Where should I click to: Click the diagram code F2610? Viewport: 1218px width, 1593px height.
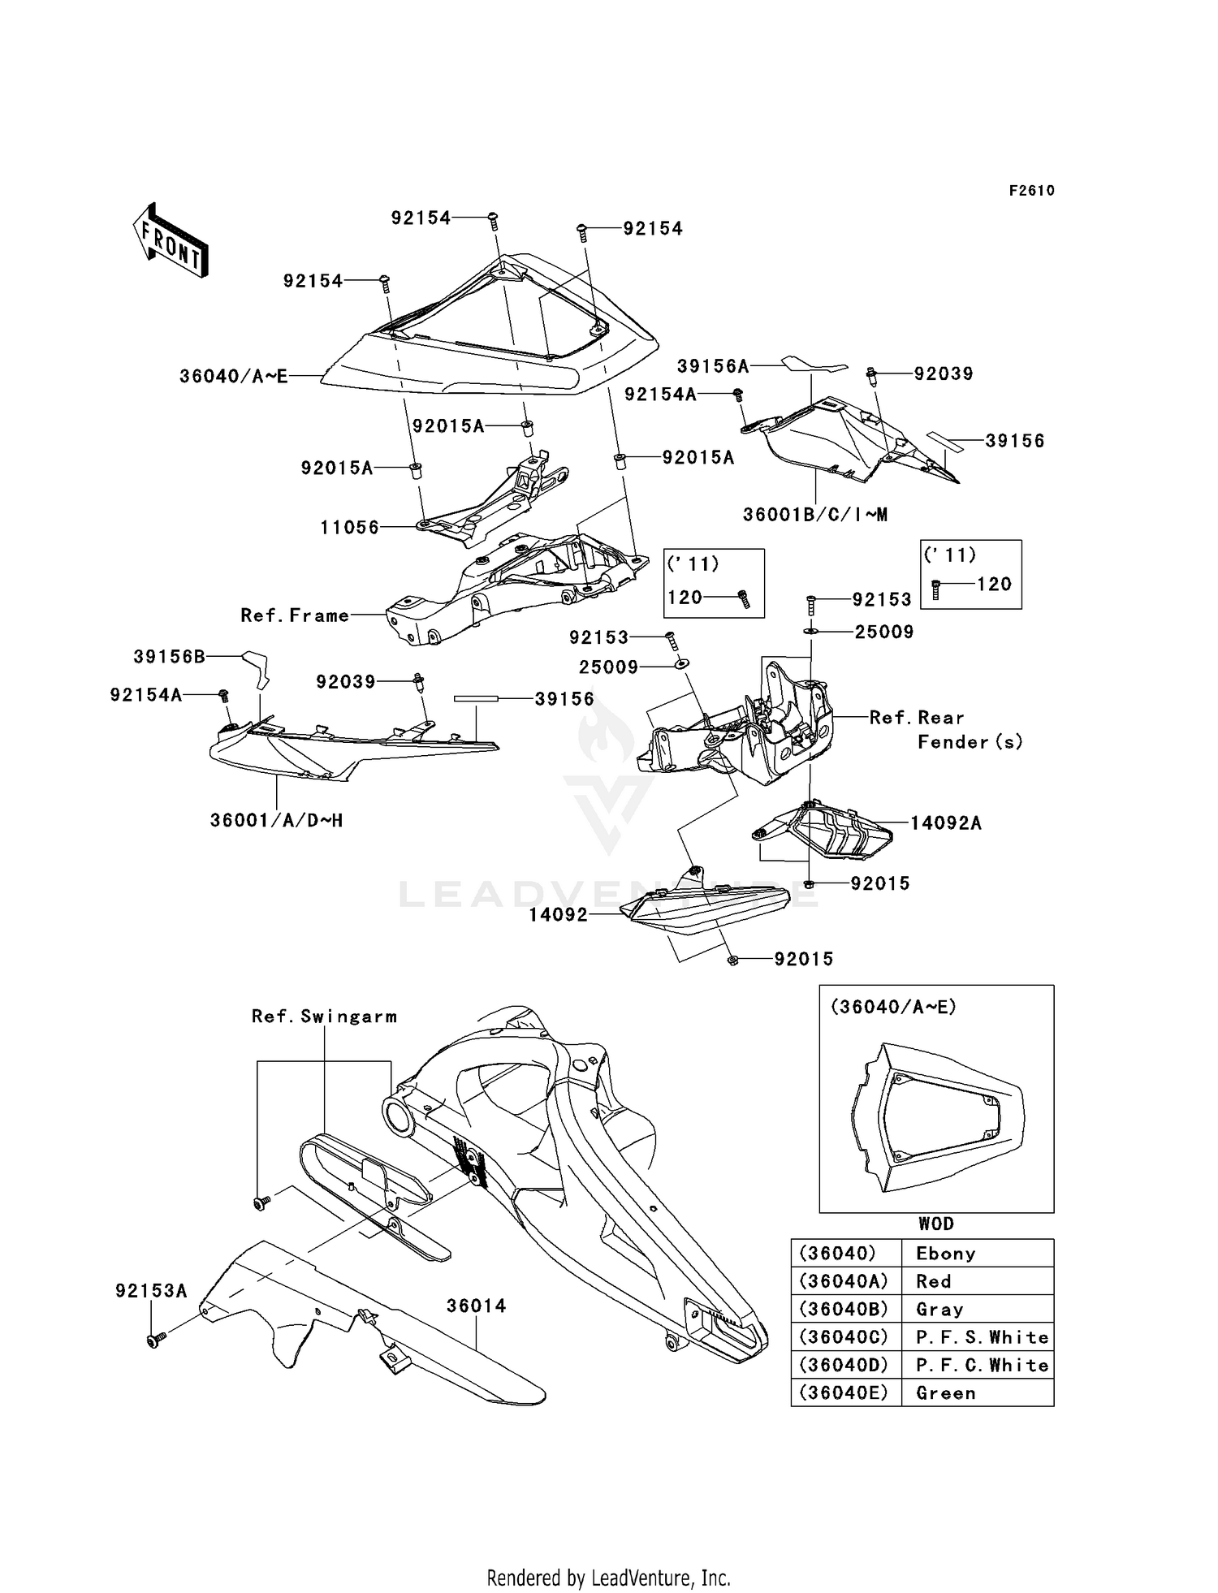click(x=1031, y=191)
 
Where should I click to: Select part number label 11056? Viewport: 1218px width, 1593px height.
click(x=349, y=528)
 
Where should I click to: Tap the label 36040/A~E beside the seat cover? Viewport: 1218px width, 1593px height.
click(x=234, y=377)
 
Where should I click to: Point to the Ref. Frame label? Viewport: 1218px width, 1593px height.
click(x=295, y=615)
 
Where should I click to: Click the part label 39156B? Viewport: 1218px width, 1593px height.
click(x=169, y=657)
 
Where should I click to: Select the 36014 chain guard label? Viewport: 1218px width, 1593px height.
click(x=476, y=1306)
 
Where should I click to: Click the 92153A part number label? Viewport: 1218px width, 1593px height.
click(x=151, y=1291)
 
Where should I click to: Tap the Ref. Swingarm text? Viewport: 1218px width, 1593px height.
click(x=324, y=1017)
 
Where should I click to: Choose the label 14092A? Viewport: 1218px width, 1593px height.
click(x=945, y=823)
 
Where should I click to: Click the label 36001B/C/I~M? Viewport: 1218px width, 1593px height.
click(x=814, y=515)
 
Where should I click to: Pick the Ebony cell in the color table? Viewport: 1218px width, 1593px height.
click(x=945, y=1254)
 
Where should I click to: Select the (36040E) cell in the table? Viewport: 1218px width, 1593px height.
click(x=845, y=1393)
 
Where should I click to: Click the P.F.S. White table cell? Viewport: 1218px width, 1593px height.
click(x=981, y=1337)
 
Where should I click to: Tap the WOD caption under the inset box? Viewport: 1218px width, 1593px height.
click(x=936, y=1224)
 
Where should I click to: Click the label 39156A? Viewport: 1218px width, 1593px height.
click(x=713, y=367)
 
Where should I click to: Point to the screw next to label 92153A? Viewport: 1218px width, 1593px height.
click(x=154, y=1340)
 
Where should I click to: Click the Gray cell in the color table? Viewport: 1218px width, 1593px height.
click(x=939, y=1310)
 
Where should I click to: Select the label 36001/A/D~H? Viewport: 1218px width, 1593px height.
click(x=276, y=821)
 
